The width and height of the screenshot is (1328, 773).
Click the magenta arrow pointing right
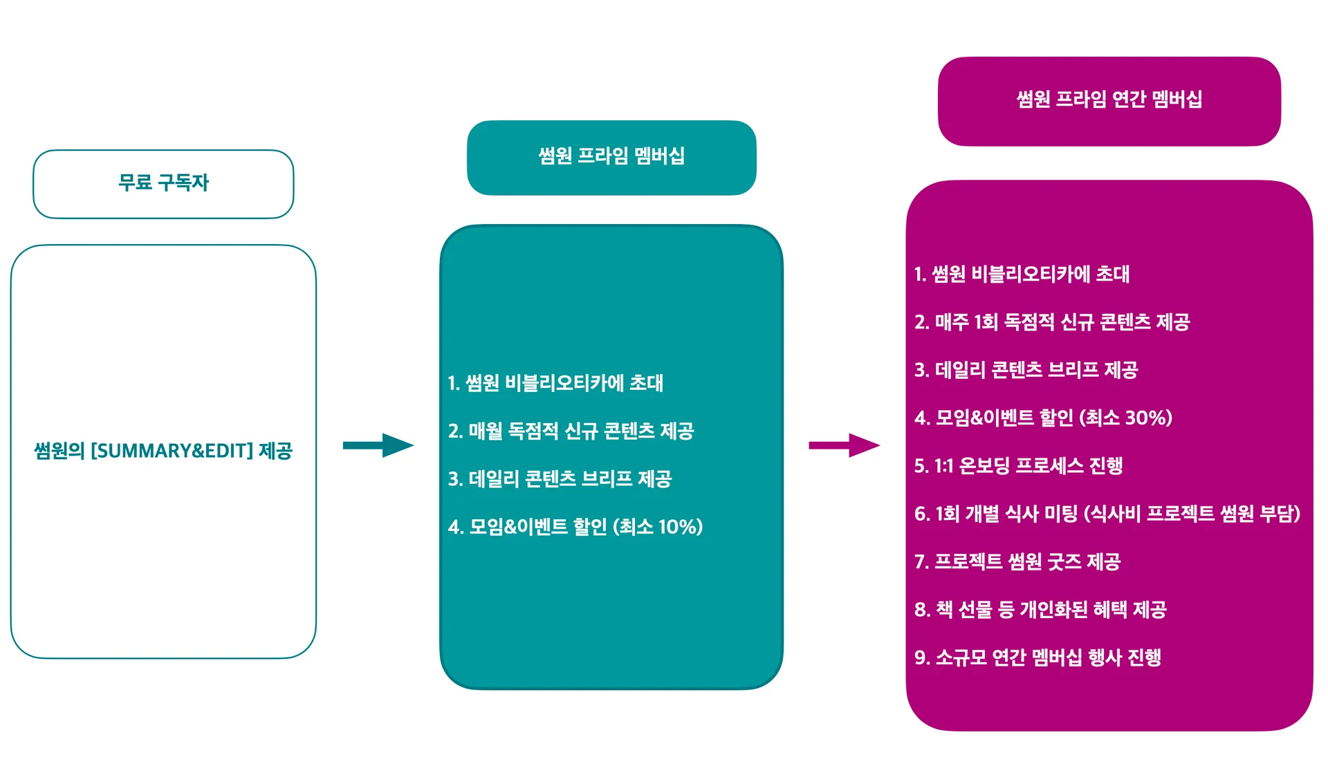844,445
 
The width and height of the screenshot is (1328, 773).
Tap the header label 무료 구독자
163,183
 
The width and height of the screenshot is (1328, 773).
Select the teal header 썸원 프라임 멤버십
611,156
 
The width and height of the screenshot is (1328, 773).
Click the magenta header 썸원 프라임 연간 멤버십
1109,100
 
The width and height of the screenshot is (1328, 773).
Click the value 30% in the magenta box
1144,418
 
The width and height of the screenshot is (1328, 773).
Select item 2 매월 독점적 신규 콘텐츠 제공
571,431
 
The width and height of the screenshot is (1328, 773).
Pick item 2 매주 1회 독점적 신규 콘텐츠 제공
1051,322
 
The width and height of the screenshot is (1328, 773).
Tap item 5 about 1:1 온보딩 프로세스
1018,466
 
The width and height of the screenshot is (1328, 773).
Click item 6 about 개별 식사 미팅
1107,514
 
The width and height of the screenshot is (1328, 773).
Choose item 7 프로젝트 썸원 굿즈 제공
1017,561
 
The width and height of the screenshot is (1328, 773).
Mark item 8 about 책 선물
1040,610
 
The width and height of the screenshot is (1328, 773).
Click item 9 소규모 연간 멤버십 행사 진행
1037,658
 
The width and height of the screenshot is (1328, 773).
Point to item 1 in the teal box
555,383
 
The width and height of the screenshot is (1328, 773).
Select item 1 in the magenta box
1022,274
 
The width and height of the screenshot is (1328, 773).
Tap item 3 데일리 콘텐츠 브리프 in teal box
560,479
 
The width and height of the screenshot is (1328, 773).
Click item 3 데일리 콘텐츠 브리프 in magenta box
1026,370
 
